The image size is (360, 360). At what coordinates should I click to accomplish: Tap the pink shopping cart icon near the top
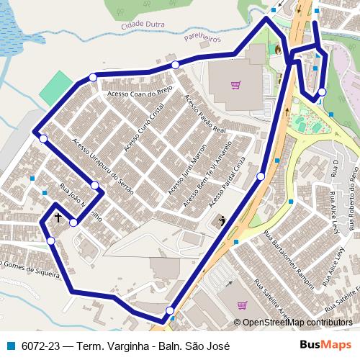pyautogui.click(x=235, y=84)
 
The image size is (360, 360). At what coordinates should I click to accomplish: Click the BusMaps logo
pyautogui.click(x=330, y=346)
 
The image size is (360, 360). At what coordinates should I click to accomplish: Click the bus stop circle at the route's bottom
pyautogui.click(x=170, y=310)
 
